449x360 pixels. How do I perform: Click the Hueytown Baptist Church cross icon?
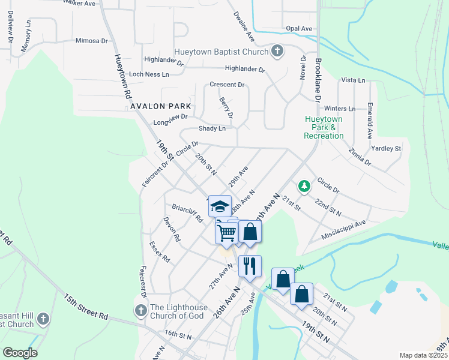point(277,51)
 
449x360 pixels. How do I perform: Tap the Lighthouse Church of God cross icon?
point(140,310)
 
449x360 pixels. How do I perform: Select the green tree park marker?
point(304,186)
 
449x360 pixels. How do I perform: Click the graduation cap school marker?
point(220,206)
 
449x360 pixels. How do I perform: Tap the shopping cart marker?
point(227,231)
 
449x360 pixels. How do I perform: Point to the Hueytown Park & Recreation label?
point(323,127)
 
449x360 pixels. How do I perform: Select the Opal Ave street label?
point(299,28)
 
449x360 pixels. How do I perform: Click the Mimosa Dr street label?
point(91,41)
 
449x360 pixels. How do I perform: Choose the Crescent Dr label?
point(227,85)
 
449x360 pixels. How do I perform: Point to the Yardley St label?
point(386,148)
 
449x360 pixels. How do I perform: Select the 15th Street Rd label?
point(86,307)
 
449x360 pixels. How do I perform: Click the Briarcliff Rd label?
point(187,214)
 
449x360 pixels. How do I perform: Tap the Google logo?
point(20,353)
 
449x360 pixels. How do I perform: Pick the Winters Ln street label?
point(340,109)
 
